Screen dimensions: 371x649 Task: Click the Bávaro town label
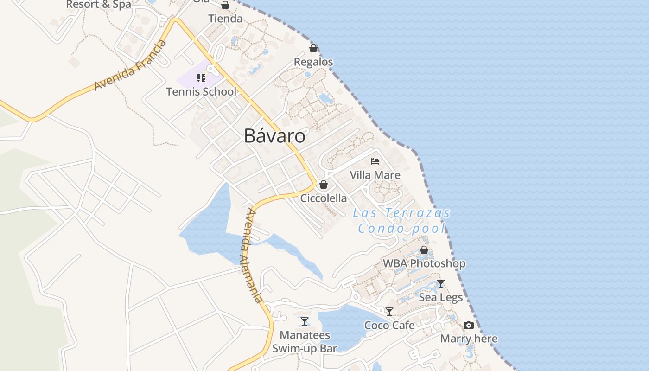tap(274, 136)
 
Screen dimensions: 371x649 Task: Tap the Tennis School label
tap(201, 91)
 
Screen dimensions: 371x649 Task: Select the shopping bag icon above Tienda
tap(225, 5)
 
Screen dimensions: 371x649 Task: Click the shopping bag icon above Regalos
tap(313, 48)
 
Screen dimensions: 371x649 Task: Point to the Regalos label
tap(313, 62)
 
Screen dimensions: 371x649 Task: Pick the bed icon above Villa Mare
tap(375, 161)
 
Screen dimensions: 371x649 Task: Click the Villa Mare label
tap(375, 175)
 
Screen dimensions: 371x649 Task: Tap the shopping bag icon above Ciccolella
tap(324, 185)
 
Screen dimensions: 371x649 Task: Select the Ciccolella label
tap(324, 198)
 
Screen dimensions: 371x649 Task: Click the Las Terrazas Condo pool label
tap(401, 220)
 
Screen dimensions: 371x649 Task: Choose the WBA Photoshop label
tap(424, 263)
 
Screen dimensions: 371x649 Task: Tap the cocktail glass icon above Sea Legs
tap(441, 284)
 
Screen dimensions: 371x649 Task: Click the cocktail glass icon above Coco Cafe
tap(389, 312)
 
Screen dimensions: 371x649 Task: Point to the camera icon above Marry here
tap(469, 325)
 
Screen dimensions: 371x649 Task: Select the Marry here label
tap(469, 339)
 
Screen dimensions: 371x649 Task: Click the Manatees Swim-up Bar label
tap(305, 342)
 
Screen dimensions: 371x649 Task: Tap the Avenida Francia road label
tap(130, 65)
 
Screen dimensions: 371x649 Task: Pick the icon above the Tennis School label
tap(201, 78)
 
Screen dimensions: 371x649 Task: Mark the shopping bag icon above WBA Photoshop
tap(424, 250)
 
